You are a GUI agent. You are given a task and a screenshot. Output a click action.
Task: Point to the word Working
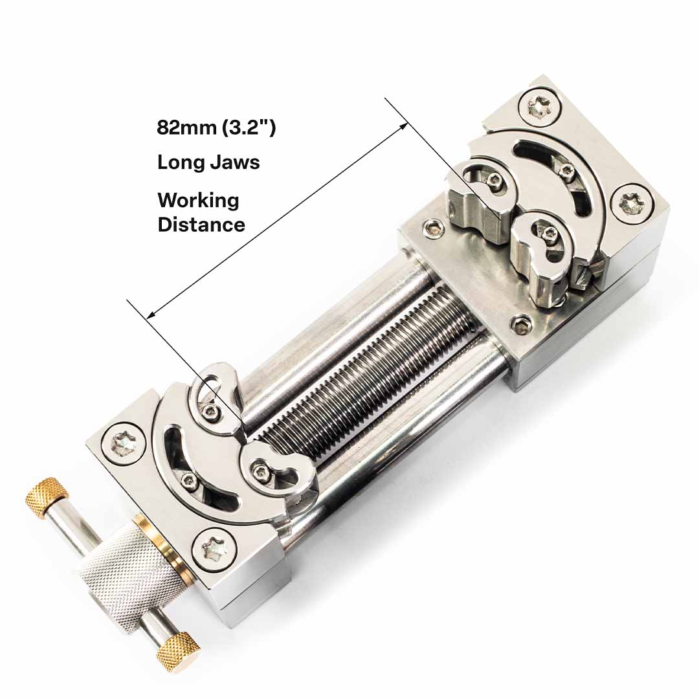198,201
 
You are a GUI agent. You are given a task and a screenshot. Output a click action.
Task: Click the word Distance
201,225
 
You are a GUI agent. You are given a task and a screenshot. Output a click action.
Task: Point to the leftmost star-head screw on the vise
124,443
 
